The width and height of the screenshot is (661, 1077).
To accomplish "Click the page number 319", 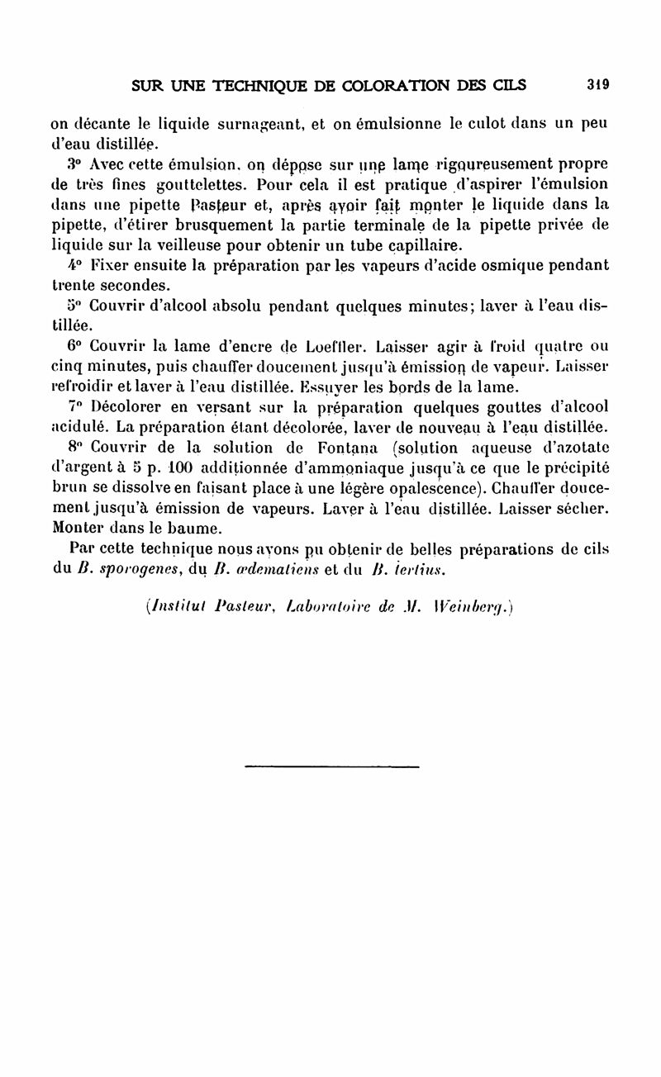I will click(597, 84).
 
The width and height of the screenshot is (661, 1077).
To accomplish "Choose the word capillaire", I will click(414, 246).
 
